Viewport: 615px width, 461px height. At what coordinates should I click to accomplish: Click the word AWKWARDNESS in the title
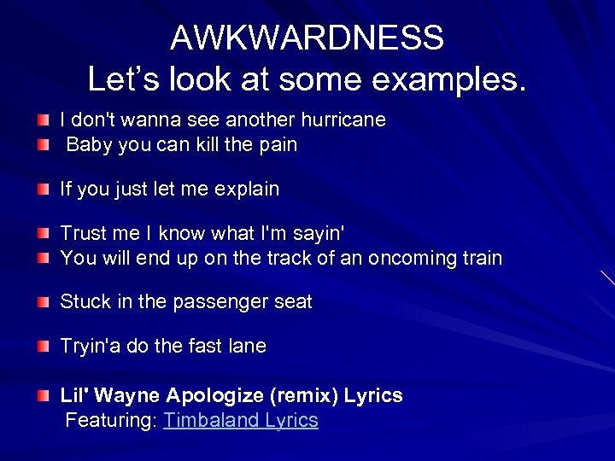307,38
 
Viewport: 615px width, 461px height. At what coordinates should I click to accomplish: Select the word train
481,258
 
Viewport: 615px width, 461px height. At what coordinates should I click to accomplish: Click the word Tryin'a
91,347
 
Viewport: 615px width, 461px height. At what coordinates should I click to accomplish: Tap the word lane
247,347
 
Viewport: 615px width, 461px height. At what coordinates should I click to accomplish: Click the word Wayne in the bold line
128,396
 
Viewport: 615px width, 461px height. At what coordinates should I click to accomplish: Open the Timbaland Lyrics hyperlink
241,421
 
